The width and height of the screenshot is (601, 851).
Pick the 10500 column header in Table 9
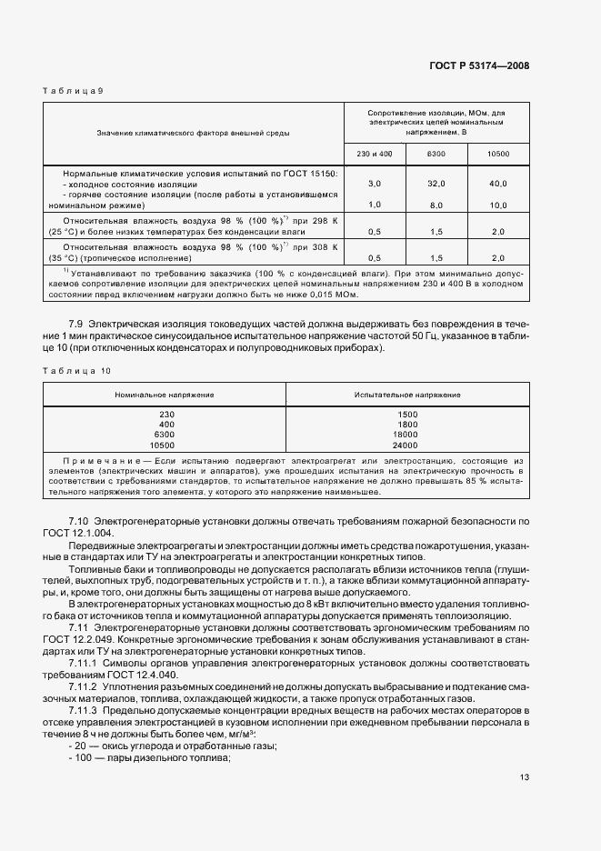coord(498,154)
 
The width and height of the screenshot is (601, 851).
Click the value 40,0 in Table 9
coord(497,184)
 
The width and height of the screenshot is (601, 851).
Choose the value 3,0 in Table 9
coord(373,184)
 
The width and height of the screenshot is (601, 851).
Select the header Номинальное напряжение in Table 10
coord(165,395)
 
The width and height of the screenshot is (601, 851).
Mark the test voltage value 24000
coord(406,446)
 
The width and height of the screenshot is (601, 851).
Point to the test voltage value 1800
coord(406,425)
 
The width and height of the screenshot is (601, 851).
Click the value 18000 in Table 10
coord(406,436)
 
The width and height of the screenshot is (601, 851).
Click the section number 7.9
coord(76,325)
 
